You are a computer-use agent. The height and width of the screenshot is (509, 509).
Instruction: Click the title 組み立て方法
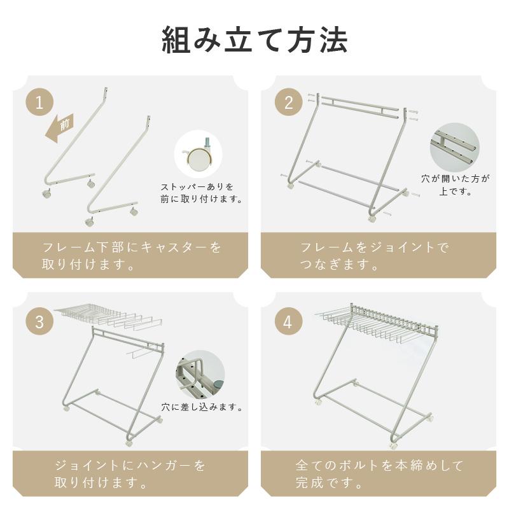tap(255, 39)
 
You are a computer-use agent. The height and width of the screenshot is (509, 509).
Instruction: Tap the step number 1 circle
tap(39, 102)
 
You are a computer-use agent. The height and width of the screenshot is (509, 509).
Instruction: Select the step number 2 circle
tap(289, 102)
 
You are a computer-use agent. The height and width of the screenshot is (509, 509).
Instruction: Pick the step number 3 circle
tap(39, 321)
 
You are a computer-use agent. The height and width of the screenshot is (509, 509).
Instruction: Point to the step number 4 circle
tap(289, 321)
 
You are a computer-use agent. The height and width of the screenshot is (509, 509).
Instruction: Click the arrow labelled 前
tap(60, 128)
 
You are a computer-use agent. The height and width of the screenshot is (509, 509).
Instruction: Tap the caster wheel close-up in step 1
tap(198, 154)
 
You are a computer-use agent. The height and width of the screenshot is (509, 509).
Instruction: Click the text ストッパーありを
tap(197, 187)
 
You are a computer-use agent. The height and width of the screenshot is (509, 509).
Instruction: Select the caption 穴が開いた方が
tap(455, 179)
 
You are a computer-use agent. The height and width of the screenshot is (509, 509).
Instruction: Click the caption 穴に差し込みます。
tap(202, 407)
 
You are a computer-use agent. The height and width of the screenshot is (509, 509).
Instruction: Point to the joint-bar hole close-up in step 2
tap(454, 147)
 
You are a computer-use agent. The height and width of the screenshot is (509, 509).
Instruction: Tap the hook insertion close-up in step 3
tap(200, 374)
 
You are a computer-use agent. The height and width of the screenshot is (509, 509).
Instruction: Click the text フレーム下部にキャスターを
tap(132, 248)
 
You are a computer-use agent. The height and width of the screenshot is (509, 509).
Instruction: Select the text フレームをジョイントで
tap(374, 248)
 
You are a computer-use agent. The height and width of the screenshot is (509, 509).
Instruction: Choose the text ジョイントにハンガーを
tap(130, 466)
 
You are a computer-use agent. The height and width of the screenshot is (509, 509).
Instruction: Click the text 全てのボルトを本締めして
tap(379, 466)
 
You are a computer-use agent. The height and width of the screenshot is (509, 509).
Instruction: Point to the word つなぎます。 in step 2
tap(339, 265)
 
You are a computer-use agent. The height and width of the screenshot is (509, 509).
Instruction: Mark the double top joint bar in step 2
tap(359, 106)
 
